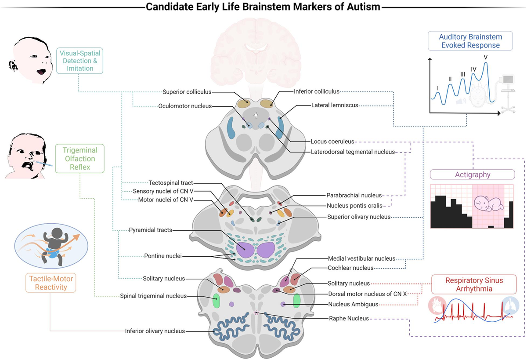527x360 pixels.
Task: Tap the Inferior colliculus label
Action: pos(317,91)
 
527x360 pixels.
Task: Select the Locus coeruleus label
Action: pos(329,142)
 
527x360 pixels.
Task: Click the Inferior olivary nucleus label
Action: pos(155,331)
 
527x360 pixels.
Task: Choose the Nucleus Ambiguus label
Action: pos(353,304)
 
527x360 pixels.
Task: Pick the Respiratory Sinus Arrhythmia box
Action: pos(474,284)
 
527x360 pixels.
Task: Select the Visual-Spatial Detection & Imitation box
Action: pos(80,61)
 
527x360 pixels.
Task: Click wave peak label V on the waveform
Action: pos(485,57)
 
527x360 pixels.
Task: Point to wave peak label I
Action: pos(438,87)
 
